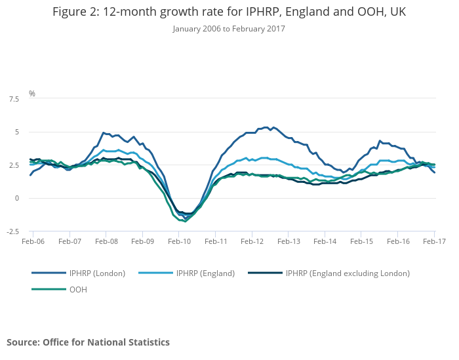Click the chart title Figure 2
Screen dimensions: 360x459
coord(229,12)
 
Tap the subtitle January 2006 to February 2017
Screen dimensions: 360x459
coord(229,29)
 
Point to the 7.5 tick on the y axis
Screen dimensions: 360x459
coord(14,99)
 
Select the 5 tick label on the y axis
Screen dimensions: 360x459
coord(17,132)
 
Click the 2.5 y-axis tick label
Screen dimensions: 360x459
coord(14,165)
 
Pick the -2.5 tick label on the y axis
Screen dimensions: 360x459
coord(12,231)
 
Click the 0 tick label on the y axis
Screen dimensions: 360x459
coord(17,198)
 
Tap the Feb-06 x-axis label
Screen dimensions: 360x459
coord(33,241)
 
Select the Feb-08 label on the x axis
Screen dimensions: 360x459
coord(106,241)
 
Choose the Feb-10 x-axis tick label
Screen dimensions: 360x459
coord(179,241)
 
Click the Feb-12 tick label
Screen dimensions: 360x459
coord(252,241)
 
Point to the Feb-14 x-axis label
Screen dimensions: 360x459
coord(325,241)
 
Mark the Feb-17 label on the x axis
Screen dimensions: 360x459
coord(434,241)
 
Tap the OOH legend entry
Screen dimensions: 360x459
coord(77,289)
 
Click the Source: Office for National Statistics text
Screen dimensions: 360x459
coord(88,342)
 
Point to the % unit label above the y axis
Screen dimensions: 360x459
coord(31,94)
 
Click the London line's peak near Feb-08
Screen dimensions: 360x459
coord(104,132)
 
